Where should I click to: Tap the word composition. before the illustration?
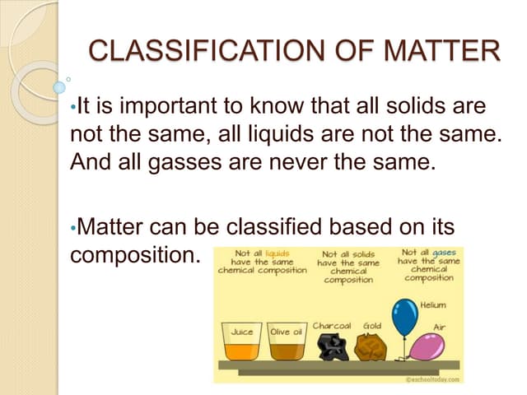(x=136, y=253)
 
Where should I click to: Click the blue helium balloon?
(x=404, y=318)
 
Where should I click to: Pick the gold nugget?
(x=370, y=346)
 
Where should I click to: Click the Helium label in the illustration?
(x=433, y=305)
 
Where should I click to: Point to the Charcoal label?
(x=331, y=326)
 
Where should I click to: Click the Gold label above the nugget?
(x=370, y=326)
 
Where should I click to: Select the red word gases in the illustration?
(x=441, y=252)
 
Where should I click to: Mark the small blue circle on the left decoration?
(x=58, y=87)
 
